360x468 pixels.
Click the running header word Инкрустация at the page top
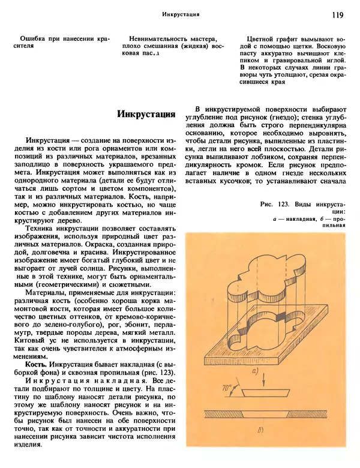point(181,14)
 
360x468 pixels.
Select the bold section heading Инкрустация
point(146,113)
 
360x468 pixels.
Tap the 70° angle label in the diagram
point(228,388)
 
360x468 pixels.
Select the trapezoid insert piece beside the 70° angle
point(264,394)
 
